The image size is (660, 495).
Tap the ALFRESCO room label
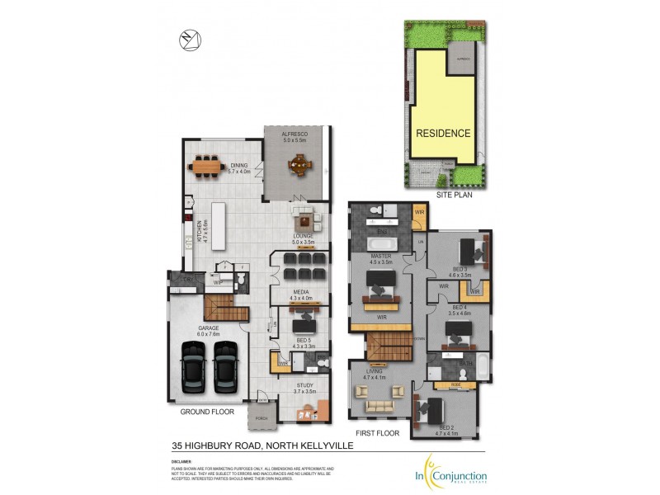pos(295,134)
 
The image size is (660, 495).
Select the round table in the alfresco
pos(295,166)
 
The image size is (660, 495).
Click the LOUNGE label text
pos(303,236)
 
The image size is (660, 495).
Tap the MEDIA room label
pos(301,291)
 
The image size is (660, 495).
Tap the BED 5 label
pos(304,340)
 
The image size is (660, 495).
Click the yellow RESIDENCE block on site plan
pos(443,133)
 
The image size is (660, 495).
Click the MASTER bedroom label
pos(380,256)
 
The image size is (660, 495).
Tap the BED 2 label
pos(446,427)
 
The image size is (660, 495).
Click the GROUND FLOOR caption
pos(207,411)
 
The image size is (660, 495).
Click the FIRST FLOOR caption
pos(377,432)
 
